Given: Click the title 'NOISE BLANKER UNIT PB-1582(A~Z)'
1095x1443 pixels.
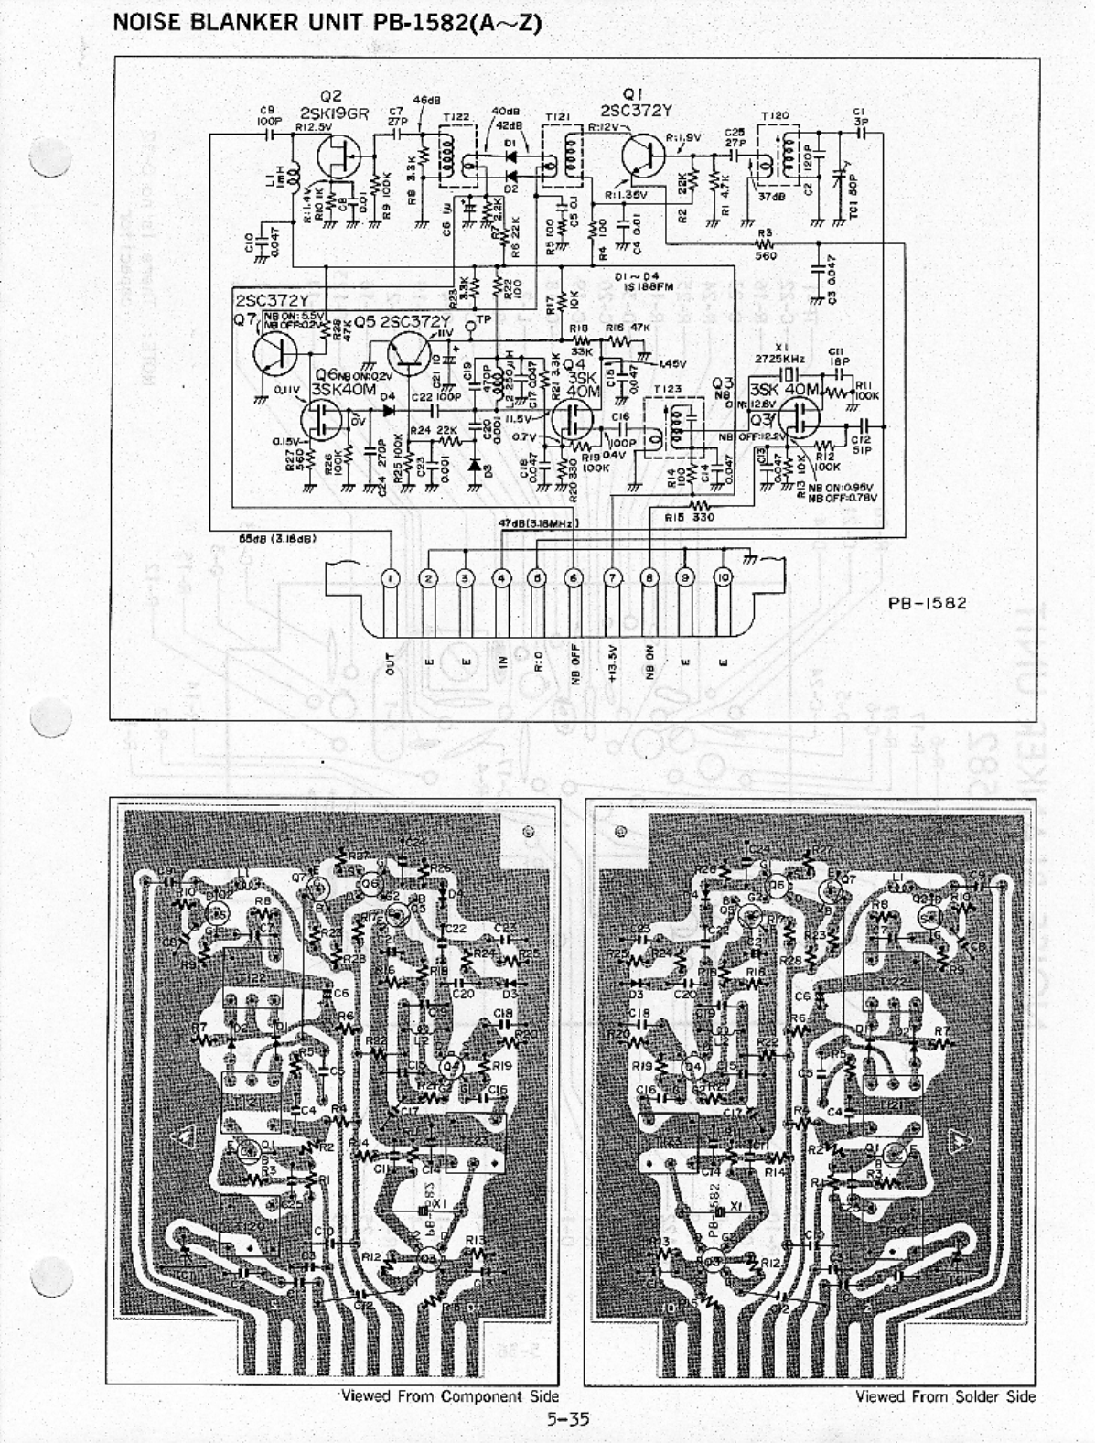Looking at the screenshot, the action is (327, 23).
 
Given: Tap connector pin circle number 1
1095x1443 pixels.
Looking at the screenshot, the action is (391, 578).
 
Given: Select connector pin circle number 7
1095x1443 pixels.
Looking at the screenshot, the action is (613, 578).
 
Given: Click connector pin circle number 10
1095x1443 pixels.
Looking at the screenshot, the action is (724, 578).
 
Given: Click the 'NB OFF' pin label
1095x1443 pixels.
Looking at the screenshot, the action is (576, 659).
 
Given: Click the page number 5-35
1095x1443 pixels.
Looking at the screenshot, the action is (568, 1419).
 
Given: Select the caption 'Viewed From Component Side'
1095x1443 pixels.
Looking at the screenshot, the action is (449, 1396).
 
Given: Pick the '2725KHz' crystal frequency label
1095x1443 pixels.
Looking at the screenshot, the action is (780, 360).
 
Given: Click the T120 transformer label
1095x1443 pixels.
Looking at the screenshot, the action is (775, 117).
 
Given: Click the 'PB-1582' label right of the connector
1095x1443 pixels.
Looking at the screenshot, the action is (928, 603).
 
